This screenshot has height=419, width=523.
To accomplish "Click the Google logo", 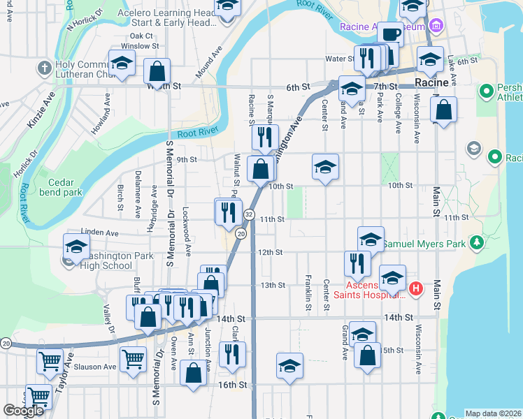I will (23, 411).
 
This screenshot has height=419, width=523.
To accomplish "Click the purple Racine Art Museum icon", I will (437, 27).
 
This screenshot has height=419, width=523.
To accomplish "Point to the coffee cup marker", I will (389, 34).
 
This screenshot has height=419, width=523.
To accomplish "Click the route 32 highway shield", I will (250, 214).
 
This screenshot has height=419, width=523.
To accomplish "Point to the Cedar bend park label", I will (61, 186).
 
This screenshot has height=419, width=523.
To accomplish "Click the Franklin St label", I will (308, 293).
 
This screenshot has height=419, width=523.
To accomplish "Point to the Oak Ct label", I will (141, 36).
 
